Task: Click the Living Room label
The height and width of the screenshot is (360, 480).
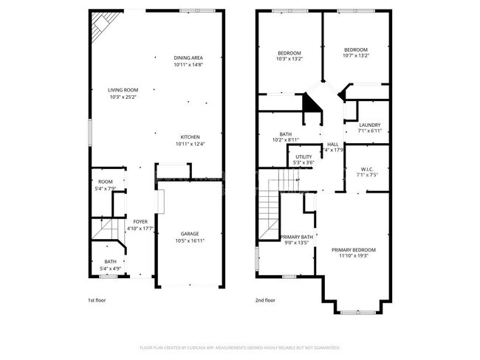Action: coord(123,90)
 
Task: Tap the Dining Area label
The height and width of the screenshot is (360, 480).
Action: coord(188,58)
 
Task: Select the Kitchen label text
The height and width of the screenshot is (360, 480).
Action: coord(191,136)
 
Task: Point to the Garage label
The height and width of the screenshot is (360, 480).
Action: coord(190,234)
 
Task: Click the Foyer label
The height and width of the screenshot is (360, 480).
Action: coord(140,221)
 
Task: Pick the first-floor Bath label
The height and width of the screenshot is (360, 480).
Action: coord(110,261)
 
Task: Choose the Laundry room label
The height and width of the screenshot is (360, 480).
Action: coord(370,125)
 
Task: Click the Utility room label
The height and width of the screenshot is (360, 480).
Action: coord(304,156)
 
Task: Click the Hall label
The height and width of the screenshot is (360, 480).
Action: coord(333,144)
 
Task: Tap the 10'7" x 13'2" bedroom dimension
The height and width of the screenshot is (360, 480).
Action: coord(355,55)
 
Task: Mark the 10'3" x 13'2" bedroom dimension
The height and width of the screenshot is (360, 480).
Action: coord(289,59)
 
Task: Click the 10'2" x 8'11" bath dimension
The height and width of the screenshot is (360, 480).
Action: coord(285,139)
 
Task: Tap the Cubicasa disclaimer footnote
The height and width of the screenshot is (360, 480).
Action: coord(240,347)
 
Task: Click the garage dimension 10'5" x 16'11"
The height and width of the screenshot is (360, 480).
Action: coord(190,240)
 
